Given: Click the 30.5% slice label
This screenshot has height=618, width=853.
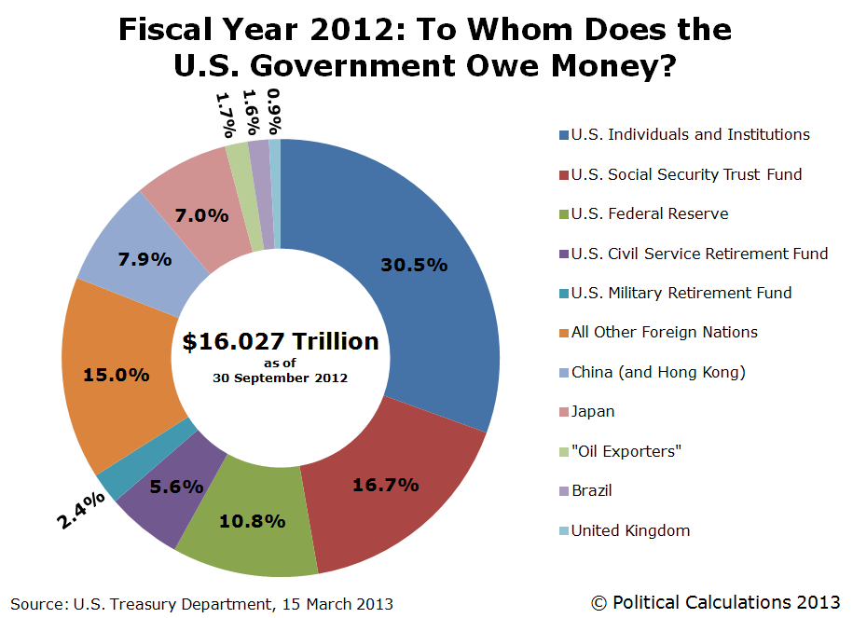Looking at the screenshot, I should point(414,265).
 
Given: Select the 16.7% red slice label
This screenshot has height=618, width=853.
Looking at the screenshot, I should point(385,485).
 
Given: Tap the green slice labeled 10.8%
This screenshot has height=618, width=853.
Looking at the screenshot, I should point(252,521).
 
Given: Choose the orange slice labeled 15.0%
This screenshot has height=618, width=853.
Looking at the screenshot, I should point(116,375).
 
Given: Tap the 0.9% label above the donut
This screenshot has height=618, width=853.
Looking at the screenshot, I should point(275,111).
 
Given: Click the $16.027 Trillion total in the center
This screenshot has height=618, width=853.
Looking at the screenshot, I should point(281,341).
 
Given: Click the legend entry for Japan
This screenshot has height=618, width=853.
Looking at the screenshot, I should point(593,411).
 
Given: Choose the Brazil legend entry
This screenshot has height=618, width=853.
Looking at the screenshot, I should point(591,490).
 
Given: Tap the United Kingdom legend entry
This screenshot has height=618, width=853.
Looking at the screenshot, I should point(630,530).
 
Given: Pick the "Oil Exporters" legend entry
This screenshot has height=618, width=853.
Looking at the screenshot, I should point(626,451).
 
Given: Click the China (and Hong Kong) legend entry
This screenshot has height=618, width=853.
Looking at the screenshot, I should point(658,372).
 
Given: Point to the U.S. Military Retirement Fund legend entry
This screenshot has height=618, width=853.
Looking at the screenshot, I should point(681,293).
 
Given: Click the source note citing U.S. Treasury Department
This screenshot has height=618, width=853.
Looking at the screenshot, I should point(202,604).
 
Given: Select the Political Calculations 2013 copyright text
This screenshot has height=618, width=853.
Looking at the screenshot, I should point(716,603).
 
